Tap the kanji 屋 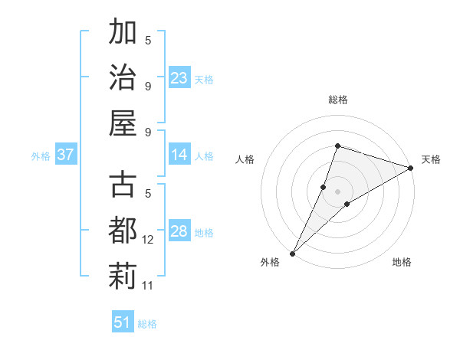click(123, 123)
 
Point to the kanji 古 click(123, 187)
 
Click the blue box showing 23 click(179, 78)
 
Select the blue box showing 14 click(179, 155)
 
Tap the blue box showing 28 click(179, 232)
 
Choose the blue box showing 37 click(66, 155)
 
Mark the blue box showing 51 click(123, 322)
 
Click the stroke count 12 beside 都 click(148, 240)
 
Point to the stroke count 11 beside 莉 click(148, 286)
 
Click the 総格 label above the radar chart click(338, 100)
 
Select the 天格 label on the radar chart click(431, 159)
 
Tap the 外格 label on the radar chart click(270, 262)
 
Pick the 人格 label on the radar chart click(245, 159)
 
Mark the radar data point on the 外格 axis click(292, 254)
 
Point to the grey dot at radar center click(338, 191)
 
